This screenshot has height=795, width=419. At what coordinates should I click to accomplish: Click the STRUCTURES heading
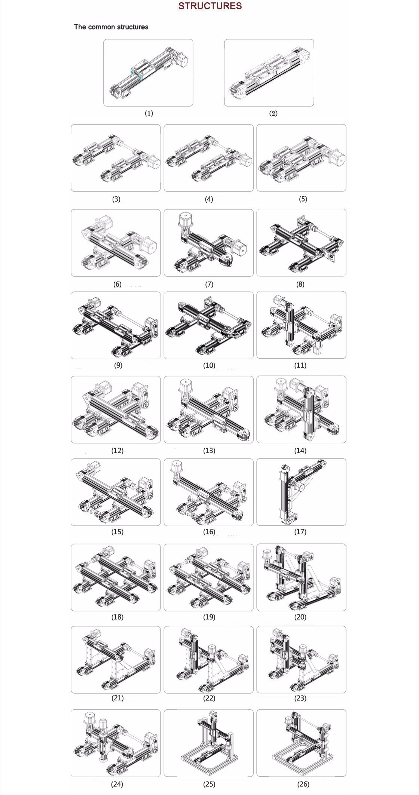[x=210, y=6]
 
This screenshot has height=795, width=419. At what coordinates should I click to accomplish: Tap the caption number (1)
[x=149, y=113]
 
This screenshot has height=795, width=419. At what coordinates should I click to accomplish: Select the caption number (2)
[x=273, y=113]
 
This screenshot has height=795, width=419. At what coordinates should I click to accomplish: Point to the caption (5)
[x=303, y=199]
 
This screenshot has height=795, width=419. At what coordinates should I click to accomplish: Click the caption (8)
[x=300, y=284]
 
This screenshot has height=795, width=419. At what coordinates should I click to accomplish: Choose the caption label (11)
[x=300, y=365]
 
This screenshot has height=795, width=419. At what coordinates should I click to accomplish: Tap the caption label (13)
[x=209, y=451]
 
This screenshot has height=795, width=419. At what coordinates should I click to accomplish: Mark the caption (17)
[x=300, y=531]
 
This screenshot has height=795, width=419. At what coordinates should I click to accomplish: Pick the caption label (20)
[x=300, y=617]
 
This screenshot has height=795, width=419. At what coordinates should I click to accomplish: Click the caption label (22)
[x=209, y=698]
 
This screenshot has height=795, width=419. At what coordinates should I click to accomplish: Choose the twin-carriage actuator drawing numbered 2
[x=269, y=73]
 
